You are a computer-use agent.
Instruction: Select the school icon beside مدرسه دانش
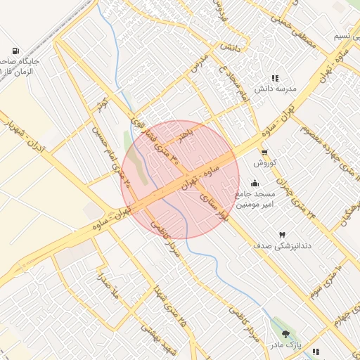275,78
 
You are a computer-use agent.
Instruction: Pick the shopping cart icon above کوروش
264,152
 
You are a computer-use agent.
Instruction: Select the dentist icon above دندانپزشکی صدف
282,233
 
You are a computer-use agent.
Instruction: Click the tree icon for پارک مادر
285,333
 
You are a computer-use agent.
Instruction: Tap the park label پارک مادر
287,346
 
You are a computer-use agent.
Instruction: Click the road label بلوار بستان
214,203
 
